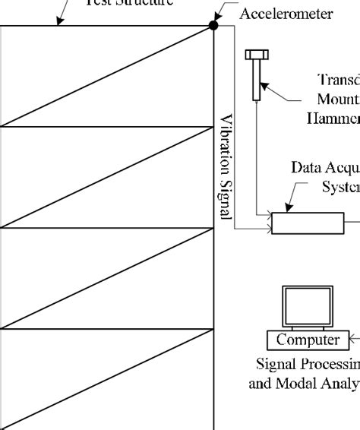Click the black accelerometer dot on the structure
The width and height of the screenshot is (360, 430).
coord(213,26)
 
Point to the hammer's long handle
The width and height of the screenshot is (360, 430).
coord(257,80)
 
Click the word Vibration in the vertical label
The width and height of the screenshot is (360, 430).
coord(226,145)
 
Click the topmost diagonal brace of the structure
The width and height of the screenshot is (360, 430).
coord(106,76)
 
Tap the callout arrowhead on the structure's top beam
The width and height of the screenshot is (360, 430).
coord(59,24)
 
